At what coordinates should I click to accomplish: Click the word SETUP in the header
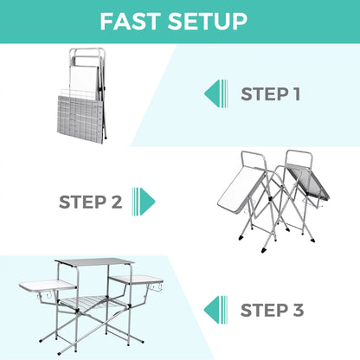(x=209, y=21)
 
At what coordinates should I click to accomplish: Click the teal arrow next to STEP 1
(x=212, y=93)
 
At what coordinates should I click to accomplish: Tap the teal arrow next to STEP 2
(x=147, y=202)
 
